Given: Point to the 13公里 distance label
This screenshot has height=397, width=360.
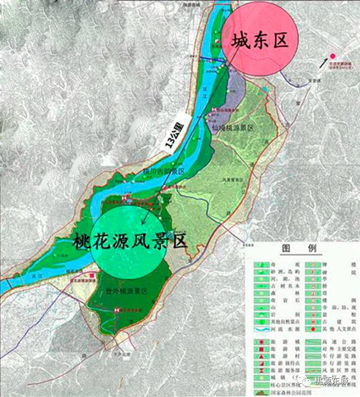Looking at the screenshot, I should pyautogui.click(x=177, y=133).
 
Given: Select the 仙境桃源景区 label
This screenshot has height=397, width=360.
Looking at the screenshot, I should pyautogui.click(x=234, y=129).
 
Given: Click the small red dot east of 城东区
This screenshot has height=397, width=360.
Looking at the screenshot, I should pyautogui.click(x=332, y=55).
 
